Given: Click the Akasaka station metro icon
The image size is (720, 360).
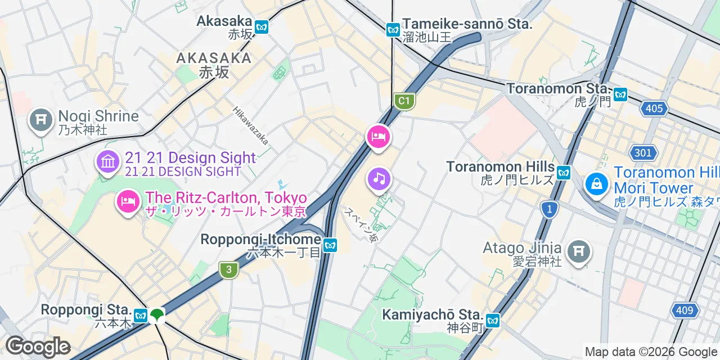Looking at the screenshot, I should (261, 26).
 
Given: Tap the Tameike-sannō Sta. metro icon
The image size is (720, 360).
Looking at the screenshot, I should (393, 30).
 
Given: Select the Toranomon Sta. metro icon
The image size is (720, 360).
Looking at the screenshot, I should (620, 94).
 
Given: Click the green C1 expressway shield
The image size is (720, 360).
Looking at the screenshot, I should (403, 101).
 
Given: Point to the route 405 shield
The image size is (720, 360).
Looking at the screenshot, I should (654, 108).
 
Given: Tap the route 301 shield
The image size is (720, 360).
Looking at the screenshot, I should (642, 152).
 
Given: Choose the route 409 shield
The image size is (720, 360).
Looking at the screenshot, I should (685, 310).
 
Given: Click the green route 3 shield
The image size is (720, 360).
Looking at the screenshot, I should (228, 270).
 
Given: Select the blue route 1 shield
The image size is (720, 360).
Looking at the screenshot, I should (549, 210).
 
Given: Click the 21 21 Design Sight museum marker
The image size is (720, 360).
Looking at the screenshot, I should (107, 162).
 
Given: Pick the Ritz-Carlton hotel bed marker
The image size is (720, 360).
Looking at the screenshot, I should (128, 201).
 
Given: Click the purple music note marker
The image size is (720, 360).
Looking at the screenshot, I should (379, 179).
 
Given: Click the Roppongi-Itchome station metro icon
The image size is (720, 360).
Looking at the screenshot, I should (330, 245).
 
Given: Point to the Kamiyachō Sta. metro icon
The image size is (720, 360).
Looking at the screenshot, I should (493, 320).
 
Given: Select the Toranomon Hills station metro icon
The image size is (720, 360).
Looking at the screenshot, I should (564, 172).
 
